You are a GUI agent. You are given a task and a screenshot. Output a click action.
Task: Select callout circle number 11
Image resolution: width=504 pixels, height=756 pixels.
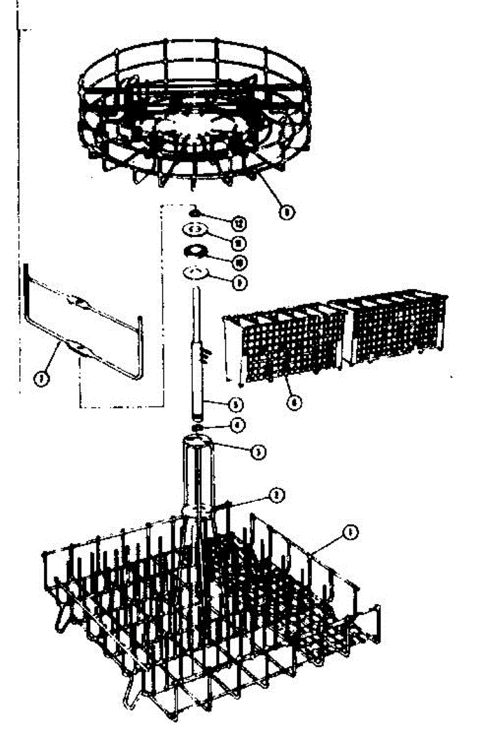pyautogui.click(x=238, y=243)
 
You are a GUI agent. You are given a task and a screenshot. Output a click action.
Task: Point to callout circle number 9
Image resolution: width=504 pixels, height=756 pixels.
pyautogui.click(x=239, y=283)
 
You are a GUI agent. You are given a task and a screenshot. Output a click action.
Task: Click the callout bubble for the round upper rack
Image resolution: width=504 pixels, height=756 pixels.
pyautogui.click(x=287, y=213)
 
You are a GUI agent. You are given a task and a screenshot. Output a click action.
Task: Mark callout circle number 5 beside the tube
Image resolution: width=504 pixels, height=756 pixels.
pyautogui.click(x=237, y=403)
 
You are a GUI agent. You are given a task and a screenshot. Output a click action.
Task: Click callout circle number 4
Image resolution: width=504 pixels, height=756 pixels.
pyautogui.click(x=238, y=425)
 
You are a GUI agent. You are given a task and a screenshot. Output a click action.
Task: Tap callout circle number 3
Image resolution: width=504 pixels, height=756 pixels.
pyautogui.click(x=256, y=451)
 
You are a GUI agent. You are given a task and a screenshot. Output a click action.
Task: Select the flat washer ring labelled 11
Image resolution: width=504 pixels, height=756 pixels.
pyautogui.click(x=196, y=229)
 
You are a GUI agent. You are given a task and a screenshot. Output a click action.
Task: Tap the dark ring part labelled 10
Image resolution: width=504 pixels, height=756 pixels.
pyautogui.click(x=197, y=251)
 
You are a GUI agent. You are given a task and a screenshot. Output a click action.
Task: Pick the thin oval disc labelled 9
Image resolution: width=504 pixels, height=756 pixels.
pyautogui.click(x=197, y=273)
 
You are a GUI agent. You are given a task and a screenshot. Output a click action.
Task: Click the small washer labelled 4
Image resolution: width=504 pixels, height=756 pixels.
pyautogui.click(x=198, y=428)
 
